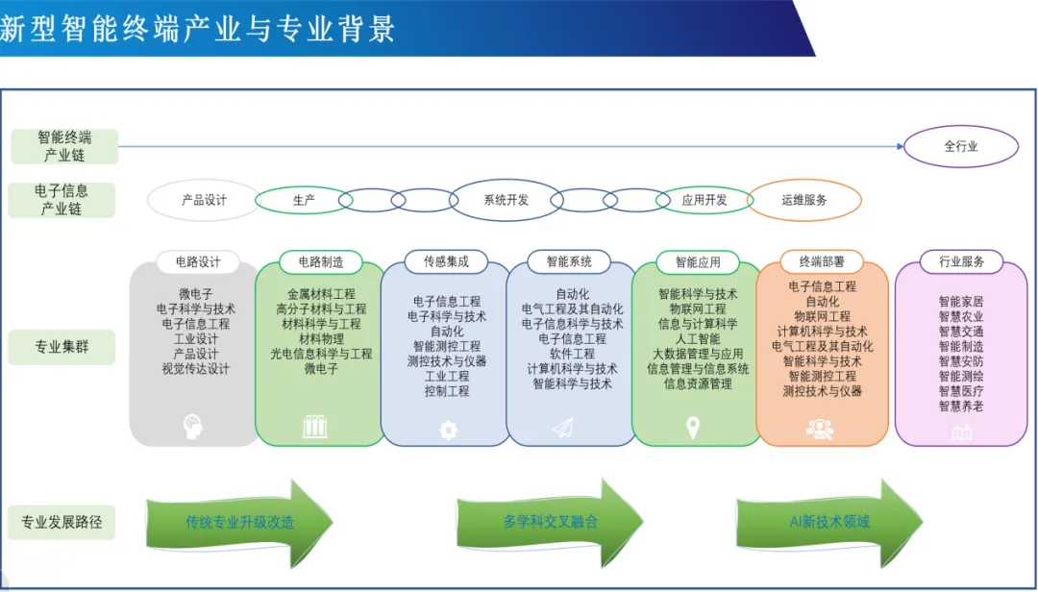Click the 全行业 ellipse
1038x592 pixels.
961,147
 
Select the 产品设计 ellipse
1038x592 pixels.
205,201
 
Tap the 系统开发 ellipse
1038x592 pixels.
506,201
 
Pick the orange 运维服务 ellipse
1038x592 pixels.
804,201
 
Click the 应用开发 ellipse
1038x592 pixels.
704,201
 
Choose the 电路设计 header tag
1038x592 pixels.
198,261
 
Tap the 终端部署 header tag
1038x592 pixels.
822,261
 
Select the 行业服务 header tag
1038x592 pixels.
960,261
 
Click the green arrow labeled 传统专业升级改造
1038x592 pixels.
240,523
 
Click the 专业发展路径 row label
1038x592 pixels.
62,523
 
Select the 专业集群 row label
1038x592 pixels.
62,346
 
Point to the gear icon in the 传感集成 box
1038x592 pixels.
448,431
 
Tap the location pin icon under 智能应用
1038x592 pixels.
693,429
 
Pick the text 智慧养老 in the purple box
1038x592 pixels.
961,407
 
